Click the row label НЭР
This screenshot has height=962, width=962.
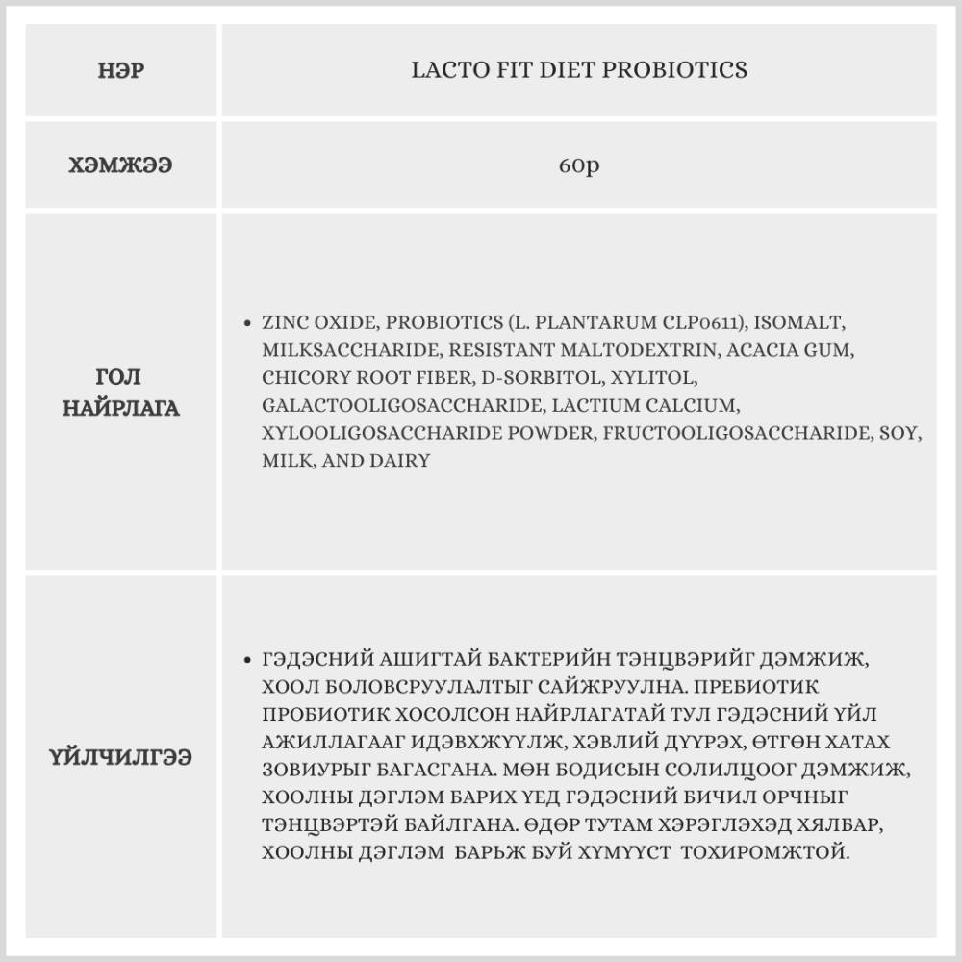[x=121, y=71]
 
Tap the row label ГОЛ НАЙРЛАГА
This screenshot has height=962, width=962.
[x=121, y=392]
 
